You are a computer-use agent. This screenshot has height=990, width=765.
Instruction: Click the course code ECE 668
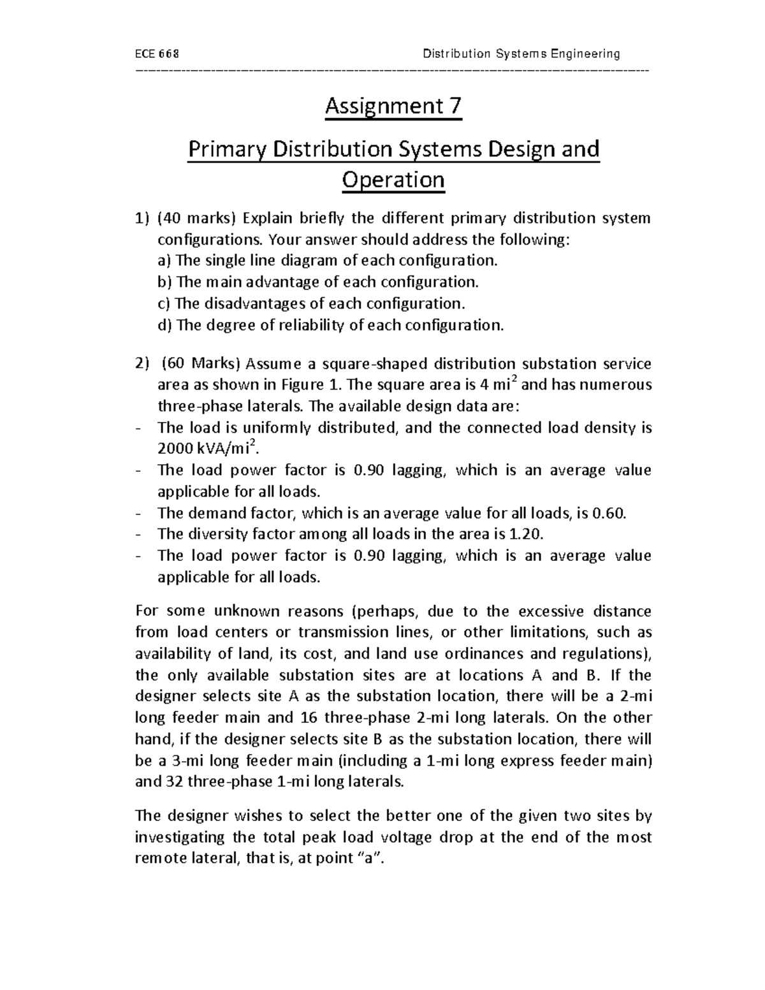click(x=158, y=54)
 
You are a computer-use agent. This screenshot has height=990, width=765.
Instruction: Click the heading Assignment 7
click(x=393, y=106)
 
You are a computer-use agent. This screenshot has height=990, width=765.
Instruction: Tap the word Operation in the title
click(x=393, y=180)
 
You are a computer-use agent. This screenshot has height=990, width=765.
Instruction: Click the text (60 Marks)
click(x=201, y=364)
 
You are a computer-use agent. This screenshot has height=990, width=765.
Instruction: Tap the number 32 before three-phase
click(x=175, y=782)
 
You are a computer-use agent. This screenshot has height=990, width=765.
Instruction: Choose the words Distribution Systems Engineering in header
click(x=521, y=54)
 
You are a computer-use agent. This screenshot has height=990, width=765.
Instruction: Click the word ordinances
click(x=477, y=654)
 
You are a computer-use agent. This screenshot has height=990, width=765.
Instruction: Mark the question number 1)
click(x=143, y=218)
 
